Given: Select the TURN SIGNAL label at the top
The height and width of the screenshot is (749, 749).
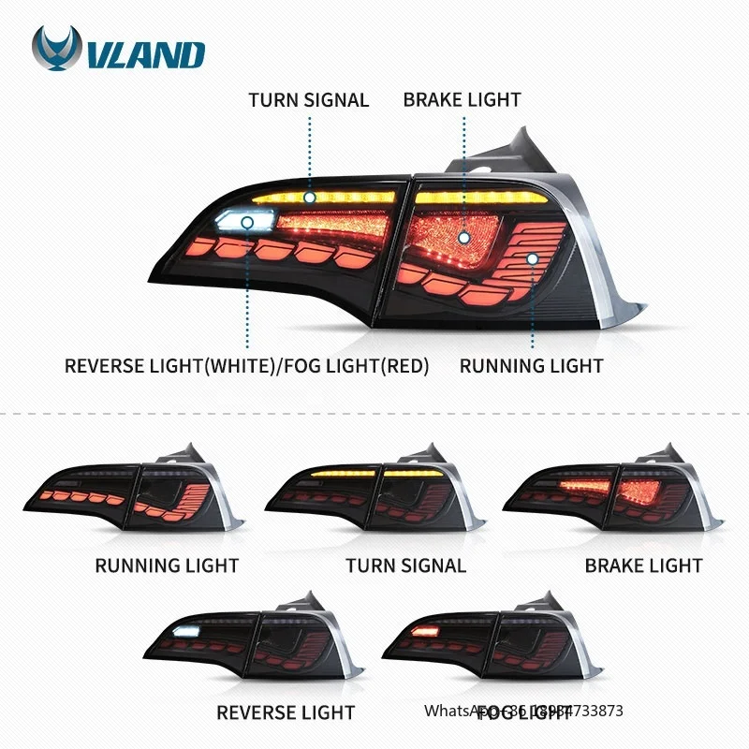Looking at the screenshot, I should point(308,99).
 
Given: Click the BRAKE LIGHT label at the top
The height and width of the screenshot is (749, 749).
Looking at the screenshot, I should point(463,99).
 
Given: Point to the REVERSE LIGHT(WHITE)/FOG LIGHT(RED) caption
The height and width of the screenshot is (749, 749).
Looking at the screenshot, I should point(247,365).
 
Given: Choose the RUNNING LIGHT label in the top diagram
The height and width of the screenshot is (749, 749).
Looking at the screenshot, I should point(531,365).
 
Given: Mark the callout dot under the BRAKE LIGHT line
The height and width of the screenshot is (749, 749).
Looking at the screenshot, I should point(463,238).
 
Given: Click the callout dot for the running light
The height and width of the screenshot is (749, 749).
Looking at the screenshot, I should point(532,257).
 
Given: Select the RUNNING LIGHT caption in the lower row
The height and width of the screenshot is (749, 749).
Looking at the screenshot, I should point(167,565).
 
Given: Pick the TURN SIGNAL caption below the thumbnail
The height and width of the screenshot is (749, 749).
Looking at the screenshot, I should point(405,565).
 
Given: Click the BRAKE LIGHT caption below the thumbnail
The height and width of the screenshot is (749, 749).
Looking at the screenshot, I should point(643,565).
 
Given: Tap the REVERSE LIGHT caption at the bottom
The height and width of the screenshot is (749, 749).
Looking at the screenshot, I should point(286,712).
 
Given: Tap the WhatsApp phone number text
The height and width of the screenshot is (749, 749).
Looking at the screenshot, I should point(523,712).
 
